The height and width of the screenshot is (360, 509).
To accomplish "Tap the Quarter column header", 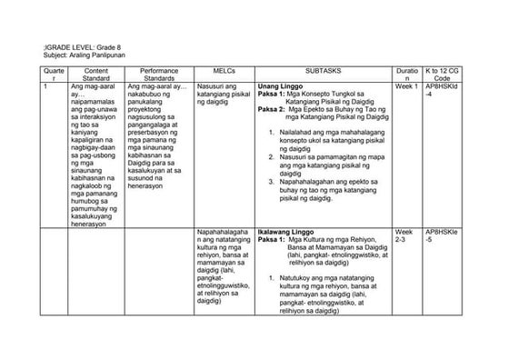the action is coord(55,73).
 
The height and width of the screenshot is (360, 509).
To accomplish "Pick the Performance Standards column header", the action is coord(159,73).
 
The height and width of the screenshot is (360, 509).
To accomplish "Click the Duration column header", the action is coord(406,73).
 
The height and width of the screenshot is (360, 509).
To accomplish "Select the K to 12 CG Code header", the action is coord(442,73).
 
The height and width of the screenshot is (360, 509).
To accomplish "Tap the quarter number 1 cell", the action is coord(46,86).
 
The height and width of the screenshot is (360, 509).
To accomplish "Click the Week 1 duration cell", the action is coord(406,86).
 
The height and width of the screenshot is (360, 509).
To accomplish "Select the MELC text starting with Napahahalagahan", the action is coord(224,267).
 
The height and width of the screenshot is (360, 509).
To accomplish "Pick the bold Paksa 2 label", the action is coord(272,109).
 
